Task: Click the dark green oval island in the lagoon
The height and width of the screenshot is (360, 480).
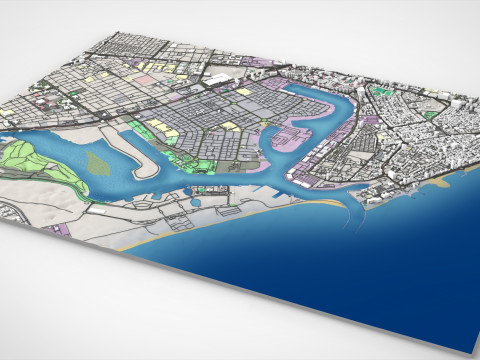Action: click(x=94, y=161)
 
